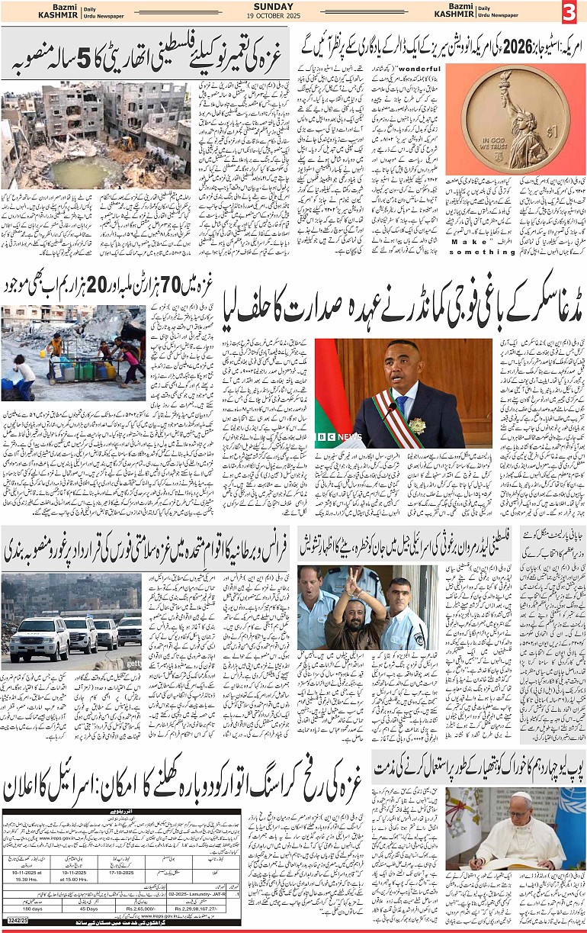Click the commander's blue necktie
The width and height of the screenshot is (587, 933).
[401, 404]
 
